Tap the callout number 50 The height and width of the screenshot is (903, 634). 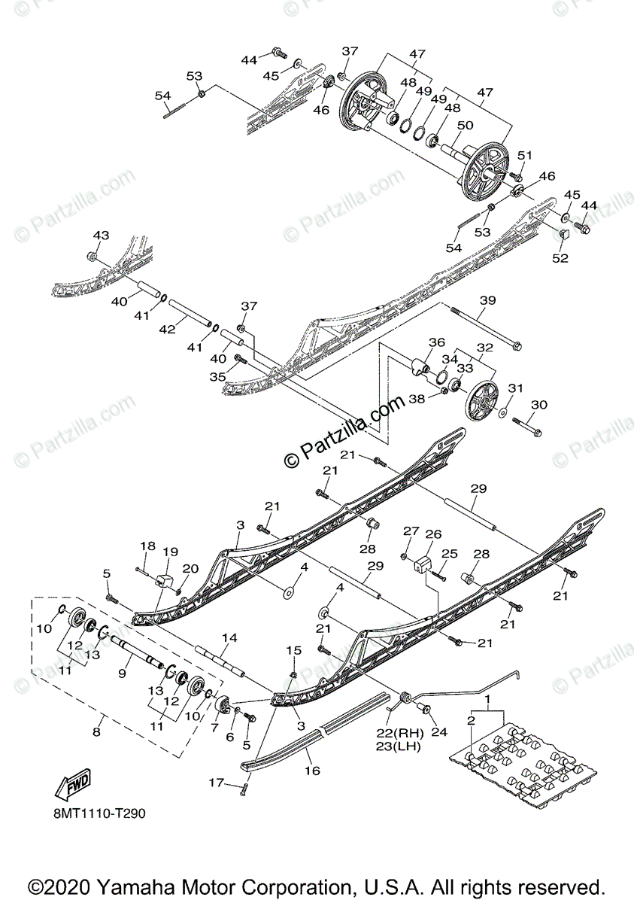click(x=465, y=125)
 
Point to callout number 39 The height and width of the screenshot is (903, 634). click(x=487, y=300)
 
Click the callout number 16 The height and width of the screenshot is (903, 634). click(x=312, y=771)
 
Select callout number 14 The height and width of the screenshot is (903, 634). click(x=229, y=637)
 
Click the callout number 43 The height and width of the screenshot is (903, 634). click(x=101, y=236)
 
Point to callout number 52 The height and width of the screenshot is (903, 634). click(x=560, y=258)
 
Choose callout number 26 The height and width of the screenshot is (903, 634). click(x=433, y=534)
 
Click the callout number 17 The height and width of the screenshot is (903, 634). click(x=216, y=783)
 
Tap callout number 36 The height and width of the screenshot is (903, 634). click(x=437, y=342)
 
